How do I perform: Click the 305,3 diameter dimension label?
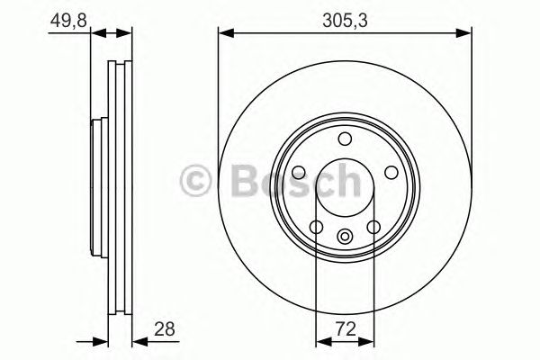coord(345,21)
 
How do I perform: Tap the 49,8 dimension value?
coord(68,21)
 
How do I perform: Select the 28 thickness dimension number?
coord(165,329)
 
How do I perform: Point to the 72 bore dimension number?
coord(346,329)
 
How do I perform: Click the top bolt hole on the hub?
coord(345,139)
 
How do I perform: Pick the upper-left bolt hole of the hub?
coord(299,172)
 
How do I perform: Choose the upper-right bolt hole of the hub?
coord(391,172)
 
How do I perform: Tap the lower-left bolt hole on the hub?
coord(316,227)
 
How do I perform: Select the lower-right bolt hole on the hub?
coord(373,227)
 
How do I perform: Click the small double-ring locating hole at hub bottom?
coord(345,237)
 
